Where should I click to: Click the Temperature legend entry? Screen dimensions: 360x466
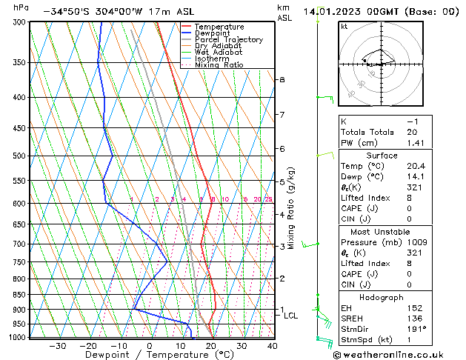coord(219,27)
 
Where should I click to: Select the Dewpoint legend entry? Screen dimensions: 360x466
coord(214,33)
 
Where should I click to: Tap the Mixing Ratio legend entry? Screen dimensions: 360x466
coord(219,65)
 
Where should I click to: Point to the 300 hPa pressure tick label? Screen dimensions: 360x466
coord(20,22)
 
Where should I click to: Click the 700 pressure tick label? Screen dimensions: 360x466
coord(20,244)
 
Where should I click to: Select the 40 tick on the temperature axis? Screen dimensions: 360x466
coord(273,346)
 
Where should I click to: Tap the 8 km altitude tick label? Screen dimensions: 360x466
coord(282,79)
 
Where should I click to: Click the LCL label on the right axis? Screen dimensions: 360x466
coord(291,316)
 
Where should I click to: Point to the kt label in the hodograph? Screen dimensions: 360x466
coord(344,27)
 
